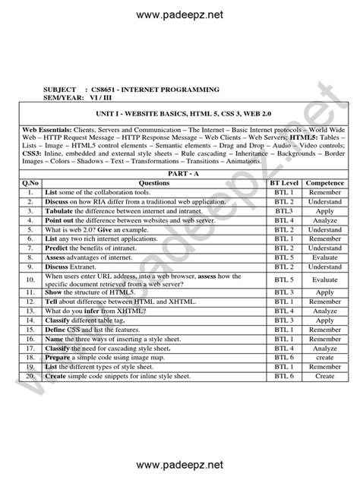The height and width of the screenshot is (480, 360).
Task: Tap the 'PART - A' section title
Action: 180,174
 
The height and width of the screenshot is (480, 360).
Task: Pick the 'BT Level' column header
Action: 284,183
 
